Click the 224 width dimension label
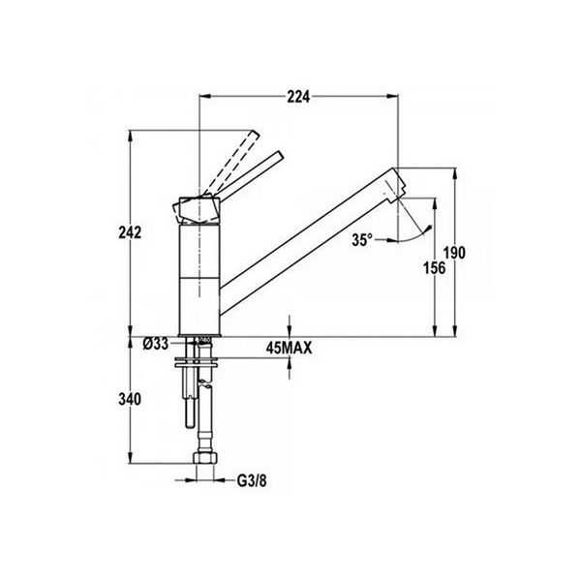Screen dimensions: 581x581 (299, 96)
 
